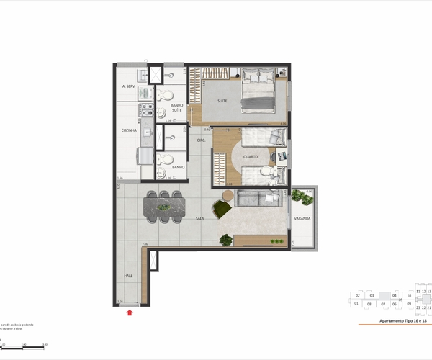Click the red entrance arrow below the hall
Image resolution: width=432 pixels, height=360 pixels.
click(130, 312)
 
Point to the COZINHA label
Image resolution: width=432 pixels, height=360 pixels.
click(130, 130)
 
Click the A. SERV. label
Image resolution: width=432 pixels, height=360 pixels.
click(130, 86)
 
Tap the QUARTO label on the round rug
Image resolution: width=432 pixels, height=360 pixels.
click(250, 157)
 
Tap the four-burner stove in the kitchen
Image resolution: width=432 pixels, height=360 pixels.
click(145, 109)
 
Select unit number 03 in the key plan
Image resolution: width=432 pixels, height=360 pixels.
click(371, 296)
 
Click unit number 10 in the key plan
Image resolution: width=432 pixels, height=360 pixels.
click(408, 296)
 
